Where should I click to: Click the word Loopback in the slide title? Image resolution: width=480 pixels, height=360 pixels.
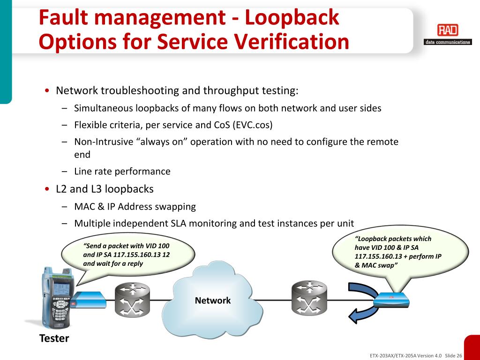click(x=292, y=18)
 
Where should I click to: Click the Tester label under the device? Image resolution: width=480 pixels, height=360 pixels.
click(x=54, y=338)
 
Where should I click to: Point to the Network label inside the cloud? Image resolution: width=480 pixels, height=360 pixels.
click(x=213, y=300)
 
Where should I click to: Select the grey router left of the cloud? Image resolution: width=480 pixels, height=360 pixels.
click(x=133, y=299)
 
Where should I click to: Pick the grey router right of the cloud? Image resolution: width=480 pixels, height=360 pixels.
click(x=308, y=299)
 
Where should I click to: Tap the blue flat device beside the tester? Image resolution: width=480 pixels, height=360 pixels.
click(x=90, y=299)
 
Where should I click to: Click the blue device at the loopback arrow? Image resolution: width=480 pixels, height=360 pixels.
click(x=390, y=299)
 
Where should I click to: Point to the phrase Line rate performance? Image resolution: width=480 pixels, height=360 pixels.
click(x=122, y=172)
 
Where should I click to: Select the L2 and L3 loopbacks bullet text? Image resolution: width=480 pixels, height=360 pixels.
click(x=105, y=189)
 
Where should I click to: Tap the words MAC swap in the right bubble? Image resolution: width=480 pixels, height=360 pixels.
click(x=379, y=265)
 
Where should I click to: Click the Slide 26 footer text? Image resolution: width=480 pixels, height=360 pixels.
click(x=453, y=355)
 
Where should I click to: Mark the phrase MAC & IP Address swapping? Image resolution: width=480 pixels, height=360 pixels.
click(x=135, y=207)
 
